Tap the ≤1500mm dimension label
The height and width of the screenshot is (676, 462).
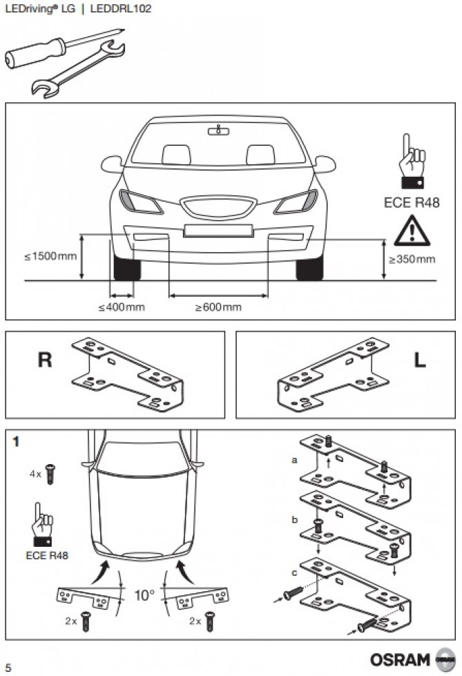(51, 257)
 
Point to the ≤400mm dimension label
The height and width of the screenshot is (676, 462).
(122, 307)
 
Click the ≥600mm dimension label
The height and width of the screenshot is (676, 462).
(218, 307)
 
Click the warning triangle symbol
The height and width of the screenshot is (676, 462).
(412, 232)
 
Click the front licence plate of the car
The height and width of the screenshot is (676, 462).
(219, 231)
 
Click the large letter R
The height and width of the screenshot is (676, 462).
(45, 361)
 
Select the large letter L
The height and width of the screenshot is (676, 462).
(419, 361)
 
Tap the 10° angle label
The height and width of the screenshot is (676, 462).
(144, 595)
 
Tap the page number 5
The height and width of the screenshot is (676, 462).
(8, 666)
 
